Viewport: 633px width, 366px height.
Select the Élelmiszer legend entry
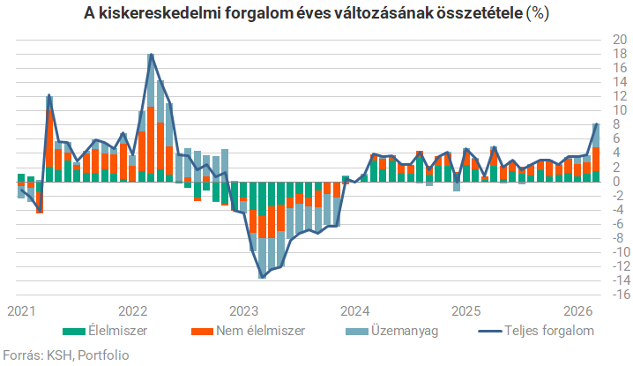click(106, 331)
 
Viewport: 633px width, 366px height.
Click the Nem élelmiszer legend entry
click(248, 331)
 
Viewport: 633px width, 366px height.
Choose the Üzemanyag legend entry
click(392, 331)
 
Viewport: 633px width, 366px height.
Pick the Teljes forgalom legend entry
click(536, 331)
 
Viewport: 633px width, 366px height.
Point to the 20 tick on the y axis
click(620, 40)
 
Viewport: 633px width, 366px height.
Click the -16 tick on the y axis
click(619, 295)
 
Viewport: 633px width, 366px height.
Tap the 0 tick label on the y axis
click(616, 182)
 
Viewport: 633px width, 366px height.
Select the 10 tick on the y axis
click(620, 110)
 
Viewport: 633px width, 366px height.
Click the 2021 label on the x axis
click(21, 311)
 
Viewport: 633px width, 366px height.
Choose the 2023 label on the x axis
click(244, 311)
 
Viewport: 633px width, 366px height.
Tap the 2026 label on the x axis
click(577, 311)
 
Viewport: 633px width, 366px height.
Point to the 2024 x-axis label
click(355, 311)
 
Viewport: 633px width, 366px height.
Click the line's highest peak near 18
click(152, 54)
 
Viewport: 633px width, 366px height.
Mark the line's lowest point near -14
click(263, 278)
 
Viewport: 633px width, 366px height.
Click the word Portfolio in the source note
click(103, 355)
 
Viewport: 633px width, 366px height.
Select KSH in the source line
click(60, 355)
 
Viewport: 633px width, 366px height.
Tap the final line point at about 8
click(596, 124)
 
